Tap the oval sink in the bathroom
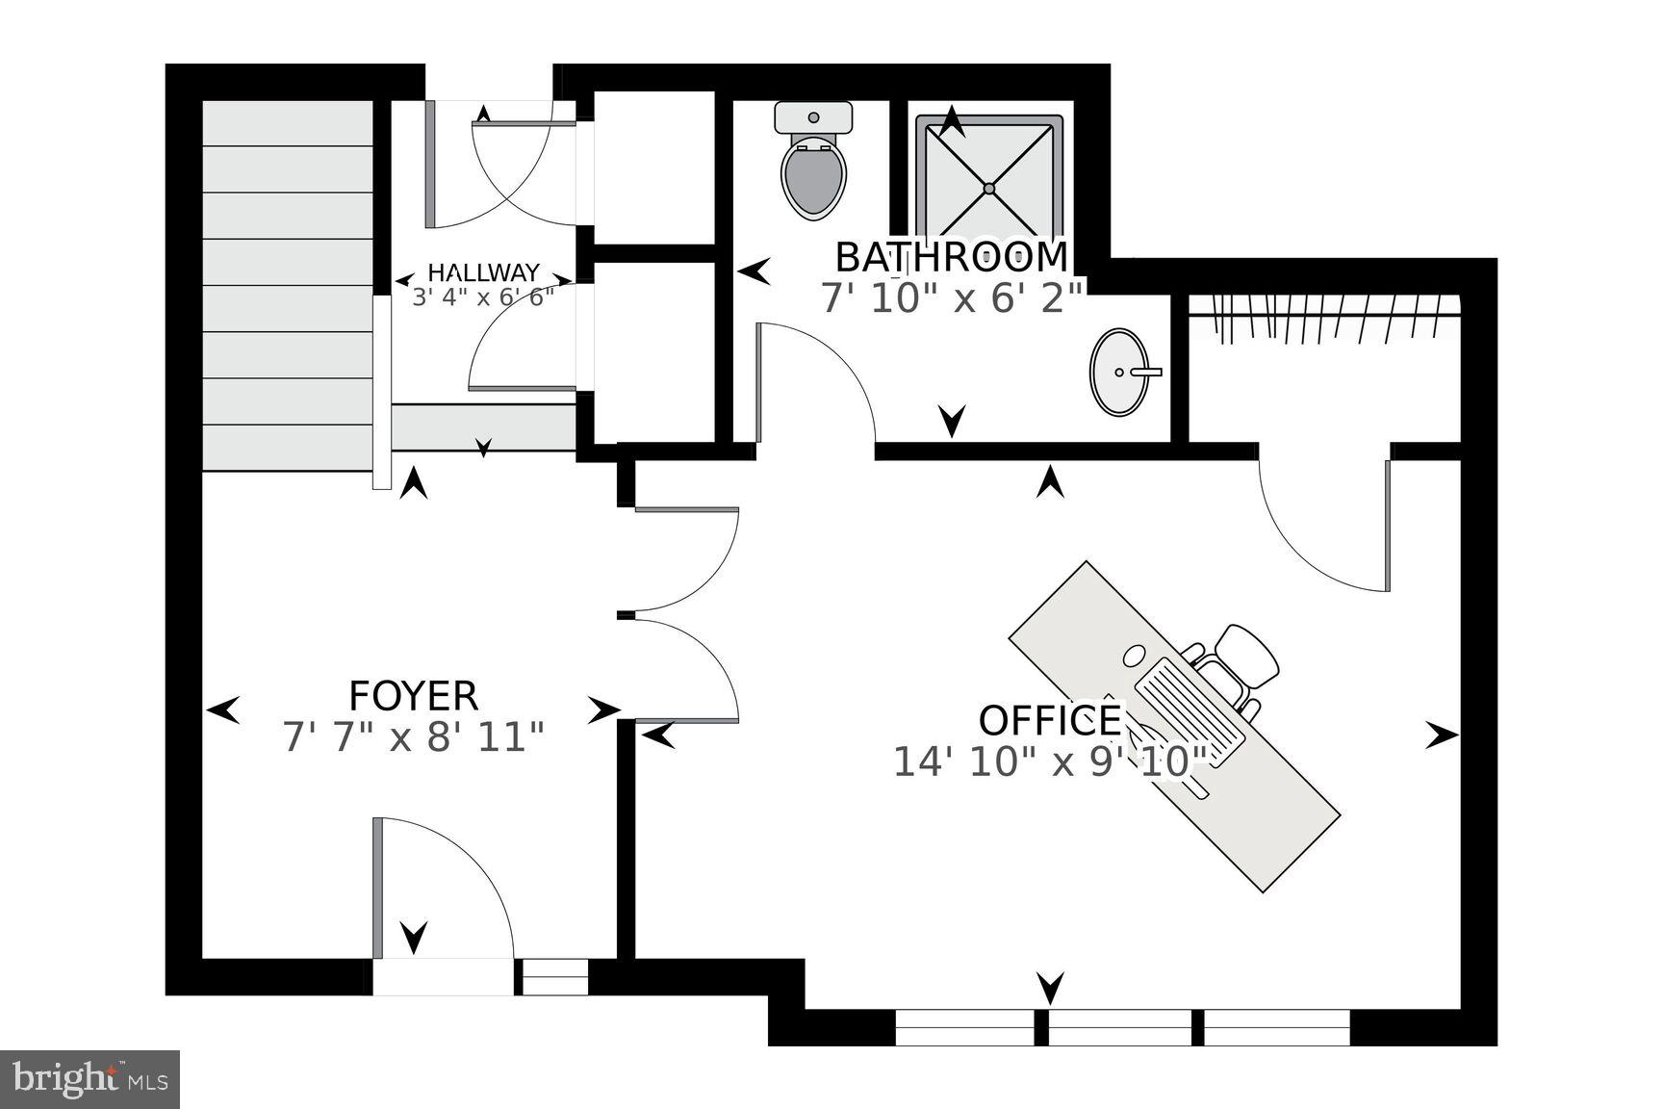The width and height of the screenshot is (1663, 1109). (1119, 372)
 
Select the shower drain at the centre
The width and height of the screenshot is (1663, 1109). (988, 188)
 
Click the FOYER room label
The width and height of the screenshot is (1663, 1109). (413, 695)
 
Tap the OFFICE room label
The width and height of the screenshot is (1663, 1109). (1049, 720)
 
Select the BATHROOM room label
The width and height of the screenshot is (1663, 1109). (951, 257)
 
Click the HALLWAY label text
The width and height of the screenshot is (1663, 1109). (483, 272)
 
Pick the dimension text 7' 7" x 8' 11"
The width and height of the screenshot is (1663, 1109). (413, 738)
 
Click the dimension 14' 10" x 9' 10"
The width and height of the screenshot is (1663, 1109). (1049, 762)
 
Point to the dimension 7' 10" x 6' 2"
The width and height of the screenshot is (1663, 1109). (951, 298)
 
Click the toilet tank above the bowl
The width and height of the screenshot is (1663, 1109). (814, 117)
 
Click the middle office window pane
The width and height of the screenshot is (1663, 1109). (1120, 1028)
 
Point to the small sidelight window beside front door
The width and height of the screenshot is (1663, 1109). (554, 977)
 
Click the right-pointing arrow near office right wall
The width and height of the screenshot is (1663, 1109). (1441, 736)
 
